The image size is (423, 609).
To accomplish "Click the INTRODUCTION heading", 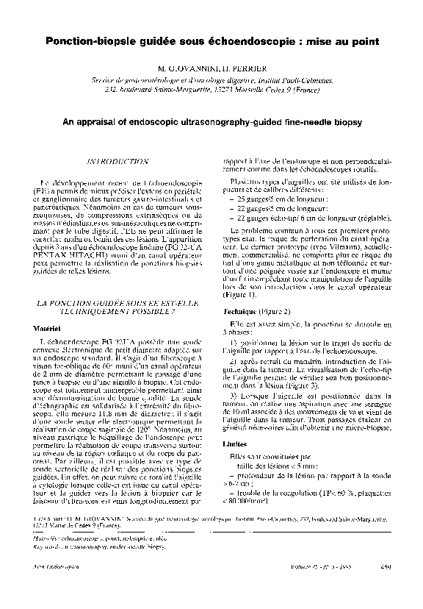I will click(x=117, y=160).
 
